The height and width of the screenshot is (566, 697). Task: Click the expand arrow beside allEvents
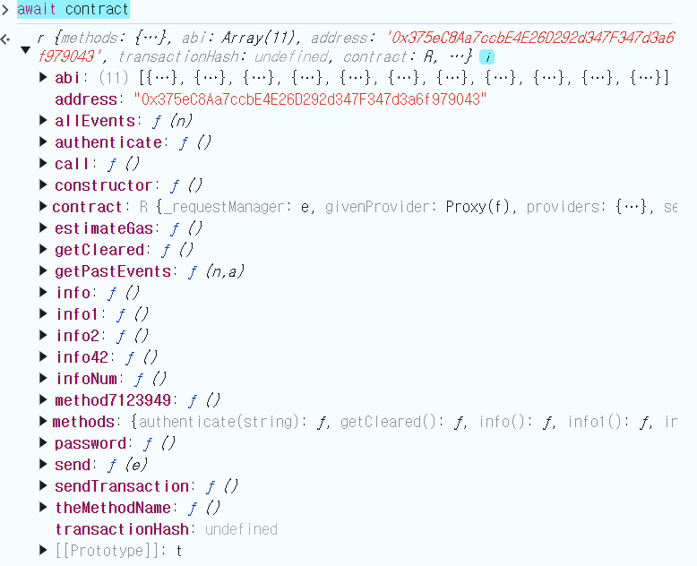click(x=43, y=121)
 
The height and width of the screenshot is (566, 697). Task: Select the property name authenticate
click(x=108, y=142)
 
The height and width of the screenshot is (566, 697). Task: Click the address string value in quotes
click(x=310, y=99)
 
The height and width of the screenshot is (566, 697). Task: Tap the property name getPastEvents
click(x=112, y=271)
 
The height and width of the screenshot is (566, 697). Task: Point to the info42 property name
click(x=82, y=357)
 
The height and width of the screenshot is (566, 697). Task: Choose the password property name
click(x=90, y=443)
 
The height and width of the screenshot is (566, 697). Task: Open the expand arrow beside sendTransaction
click(x=43, y=486)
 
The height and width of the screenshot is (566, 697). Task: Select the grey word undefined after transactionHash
click(x=241, y=529)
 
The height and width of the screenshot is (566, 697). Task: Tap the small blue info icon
click(x=486, y=56)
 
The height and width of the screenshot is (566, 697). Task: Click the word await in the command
click(x=39, y=10)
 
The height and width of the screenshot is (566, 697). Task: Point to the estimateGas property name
click(x=104, y=228)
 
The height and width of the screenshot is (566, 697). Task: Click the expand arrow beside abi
click(x=43, y=78)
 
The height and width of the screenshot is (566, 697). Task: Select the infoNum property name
click(x=86, y=379)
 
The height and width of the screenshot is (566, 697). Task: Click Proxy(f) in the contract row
click(x=482, y=207)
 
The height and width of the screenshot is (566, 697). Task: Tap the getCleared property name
click(x=99, y=250)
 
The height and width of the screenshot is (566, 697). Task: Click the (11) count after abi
click(x=114, y=78)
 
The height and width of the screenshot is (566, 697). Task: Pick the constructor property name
click(x=103, y=185)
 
